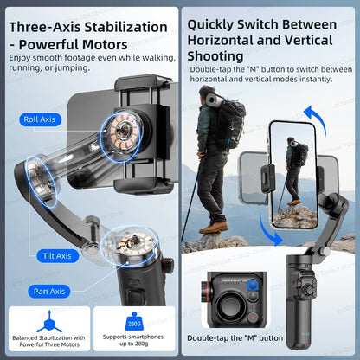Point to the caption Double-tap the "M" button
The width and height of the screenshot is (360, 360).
[235, 337]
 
